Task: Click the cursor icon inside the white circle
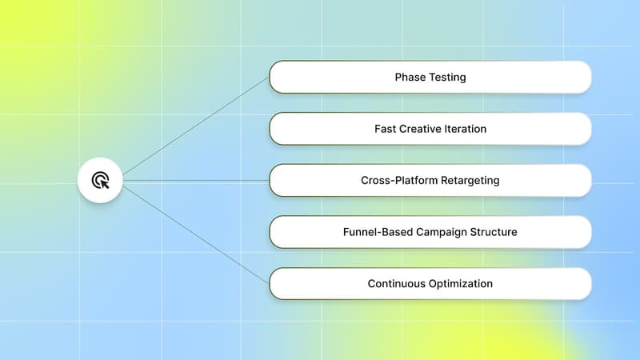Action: tap(100, 180)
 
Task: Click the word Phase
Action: tap(410, 78)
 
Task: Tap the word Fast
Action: tap(386, 129)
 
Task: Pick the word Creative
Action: tap(421, 129)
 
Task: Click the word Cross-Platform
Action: tap(398, 180)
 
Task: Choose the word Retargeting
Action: tap(468, 180)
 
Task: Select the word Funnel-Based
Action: tap(376, 232)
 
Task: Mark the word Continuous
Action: tap(398, 283)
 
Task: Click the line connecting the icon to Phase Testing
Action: tap(196, 125)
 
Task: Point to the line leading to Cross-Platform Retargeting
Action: tap(196, 181)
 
